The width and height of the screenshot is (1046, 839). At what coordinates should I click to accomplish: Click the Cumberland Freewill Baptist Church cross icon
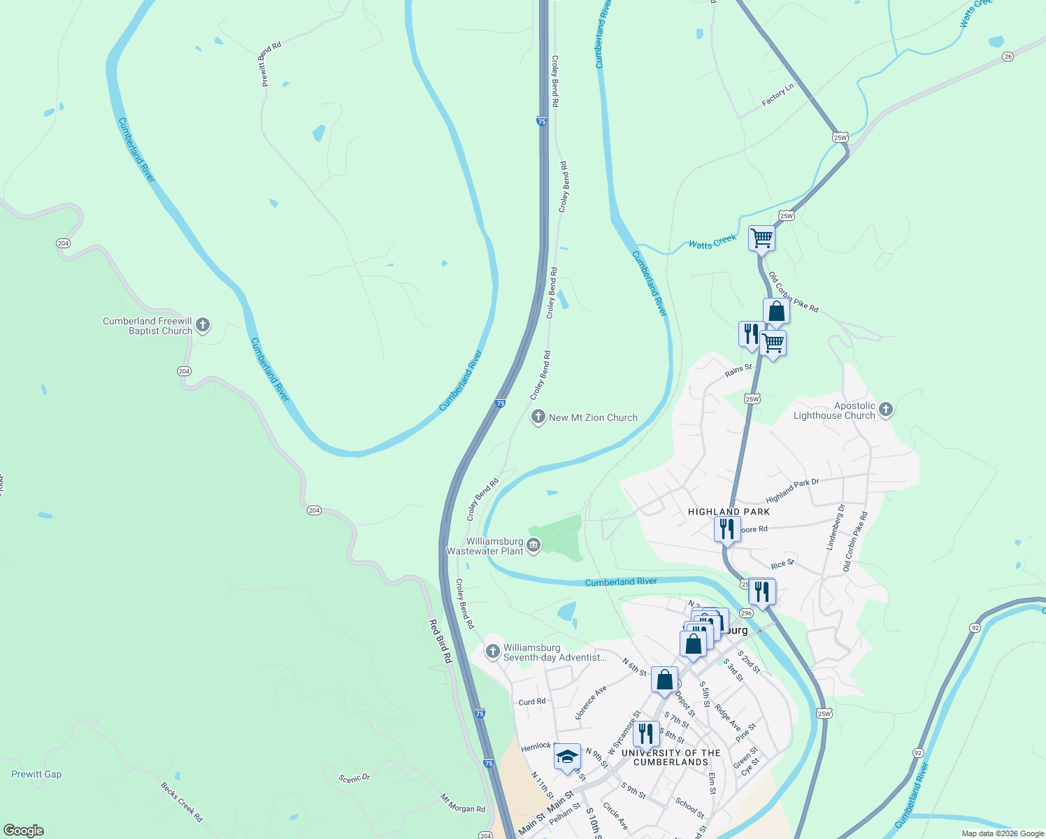pyautogui.click(x=203, y=325)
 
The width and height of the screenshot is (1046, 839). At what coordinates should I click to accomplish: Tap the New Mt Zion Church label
pyautogui.click(x=593, y=417)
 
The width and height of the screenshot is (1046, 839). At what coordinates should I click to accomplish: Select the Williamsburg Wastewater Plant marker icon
pyautogui.click(x=533, y=545)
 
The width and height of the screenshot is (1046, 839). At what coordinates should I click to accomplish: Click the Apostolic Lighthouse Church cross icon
pyautogui.click(x=886, y=410)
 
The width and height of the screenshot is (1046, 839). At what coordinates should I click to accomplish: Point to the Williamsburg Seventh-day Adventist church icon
pyautogui.click(x=493, y=652)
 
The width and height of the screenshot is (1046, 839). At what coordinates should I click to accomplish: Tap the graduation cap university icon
pyautogui.click(x=566, y=757)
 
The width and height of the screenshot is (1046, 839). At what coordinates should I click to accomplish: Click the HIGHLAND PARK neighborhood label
pyautogui.click(x=729, y=512)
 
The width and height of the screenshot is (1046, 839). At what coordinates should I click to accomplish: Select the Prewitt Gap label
pyautogui.click(x=36, y=774)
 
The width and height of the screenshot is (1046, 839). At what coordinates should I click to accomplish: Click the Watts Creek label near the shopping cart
pyautogui.click(x=712, y=242)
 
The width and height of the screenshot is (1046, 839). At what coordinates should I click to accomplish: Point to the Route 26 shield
pyautogui.click(x=1008, y=57)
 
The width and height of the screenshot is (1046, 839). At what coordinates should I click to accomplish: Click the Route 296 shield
pyautogui.click(x=746, y=613)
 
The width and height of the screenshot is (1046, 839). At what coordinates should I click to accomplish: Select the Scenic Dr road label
pyautogui.click(x=354, y=778)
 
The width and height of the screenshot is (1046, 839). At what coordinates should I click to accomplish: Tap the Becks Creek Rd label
pyautogui.click(x=182, y=801)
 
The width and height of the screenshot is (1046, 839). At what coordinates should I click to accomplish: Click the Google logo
pyautogui.click(x=24, y=831)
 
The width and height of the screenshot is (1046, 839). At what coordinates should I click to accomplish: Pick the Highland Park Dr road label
pyautogui.click(x=792, y=491)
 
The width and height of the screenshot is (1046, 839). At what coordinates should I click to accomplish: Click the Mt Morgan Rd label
pyautogui.click(x=462, y=803)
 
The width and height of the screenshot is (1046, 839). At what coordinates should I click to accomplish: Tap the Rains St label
pyautogui.click(x=738, y=370)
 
